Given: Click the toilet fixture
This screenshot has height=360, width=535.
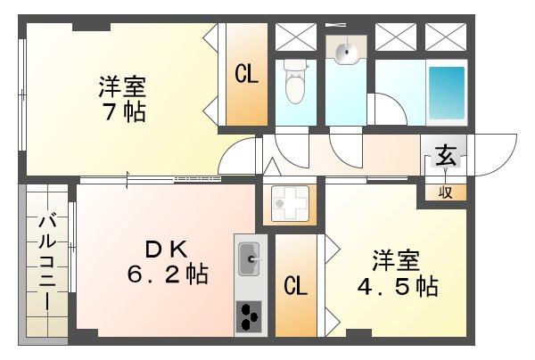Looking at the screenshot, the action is (x=295, y=82).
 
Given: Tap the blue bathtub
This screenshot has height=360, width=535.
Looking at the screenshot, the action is (x=447, y=93).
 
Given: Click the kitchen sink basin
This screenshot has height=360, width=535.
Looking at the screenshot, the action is (x=249, y=259).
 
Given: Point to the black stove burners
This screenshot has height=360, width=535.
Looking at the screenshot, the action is (x=249, y=316).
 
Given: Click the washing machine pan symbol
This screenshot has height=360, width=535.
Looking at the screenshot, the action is (x=290, y=203).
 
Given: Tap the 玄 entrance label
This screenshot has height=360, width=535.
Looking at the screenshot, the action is (x=446, y=155).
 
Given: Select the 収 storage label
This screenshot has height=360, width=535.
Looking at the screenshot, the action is (x=445, y=192).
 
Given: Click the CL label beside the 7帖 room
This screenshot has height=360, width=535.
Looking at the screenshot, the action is (x=246, y=74).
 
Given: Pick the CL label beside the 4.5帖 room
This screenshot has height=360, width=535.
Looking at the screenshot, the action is (x=295, y=286).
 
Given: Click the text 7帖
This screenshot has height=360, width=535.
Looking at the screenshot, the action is (x=125, y=111).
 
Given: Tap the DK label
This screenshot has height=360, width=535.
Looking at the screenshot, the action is (x=167, y=250).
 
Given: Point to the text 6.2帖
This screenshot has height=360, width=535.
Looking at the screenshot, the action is (x=168, y=274).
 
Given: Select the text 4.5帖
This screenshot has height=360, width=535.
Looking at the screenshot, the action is (x=398, y=286).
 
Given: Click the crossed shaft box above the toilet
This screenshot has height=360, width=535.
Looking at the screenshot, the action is (x=296, y=37).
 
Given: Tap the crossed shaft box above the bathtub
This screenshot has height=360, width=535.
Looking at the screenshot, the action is (x=446, y=37).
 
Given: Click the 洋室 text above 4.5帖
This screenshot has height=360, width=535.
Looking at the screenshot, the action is (x=396, y=261).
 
